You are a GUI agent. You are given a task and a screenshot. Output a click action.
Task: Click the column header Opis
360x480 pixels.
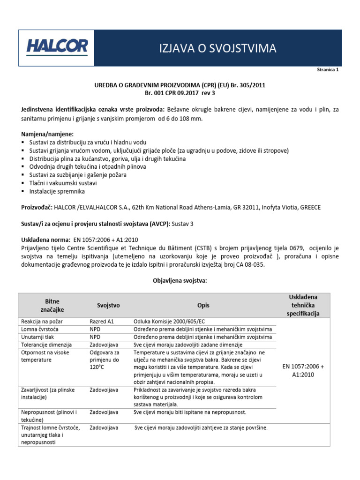point(203,305)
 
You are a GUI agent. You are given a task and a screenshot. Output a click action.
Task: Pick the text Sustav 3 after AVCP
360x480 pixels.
point(183,224)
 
